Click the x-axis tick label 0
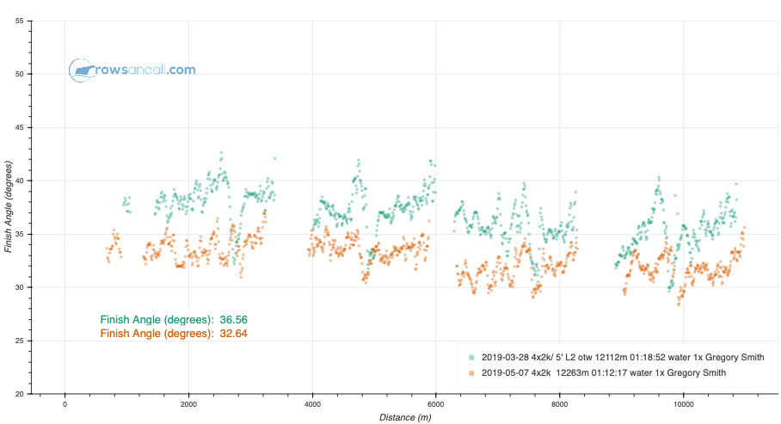[x=65, y=403]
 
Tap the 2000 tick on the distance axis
[x=188, y=403]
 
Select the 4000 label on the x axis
[x=312, y=403]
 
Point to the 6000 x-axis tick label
[x=436, y=403]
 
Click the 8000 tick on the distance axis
[x=560, y=403]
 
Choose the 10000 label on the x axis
[x=684, y=403]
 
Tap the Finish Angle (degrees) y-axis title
[x=8, y=206]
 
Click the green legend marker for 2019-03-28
[x=470, y=357]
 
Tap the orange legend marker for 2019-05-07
[x=470, y=372]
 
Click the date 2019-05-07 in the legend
[x=505, y=372]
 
